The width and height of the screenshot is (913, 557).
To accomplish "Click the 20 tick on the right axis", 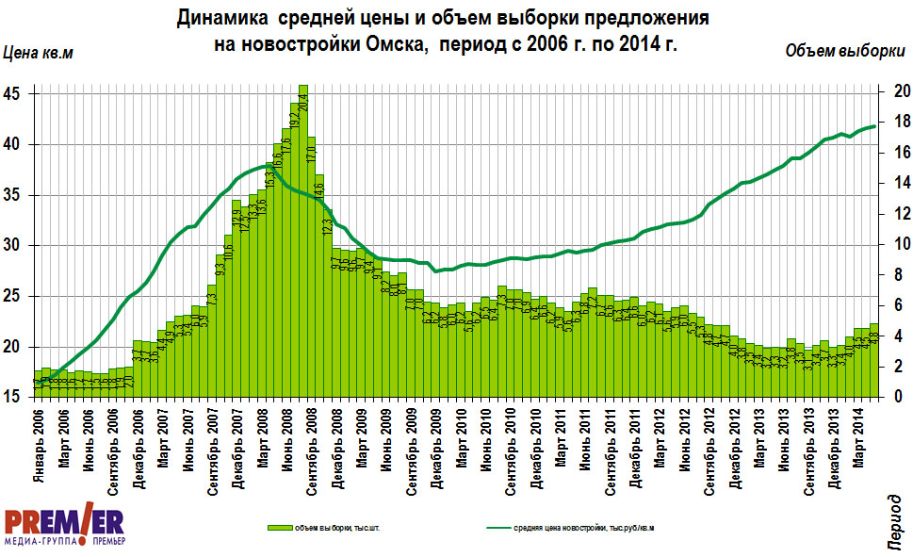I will click(x=902, y=91).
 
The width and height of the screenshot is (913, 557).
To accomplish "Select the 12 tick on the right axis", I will click(x=902, y=214).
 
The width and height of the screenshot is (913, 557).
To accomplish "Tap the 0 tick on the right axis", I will click(x=902, y=398).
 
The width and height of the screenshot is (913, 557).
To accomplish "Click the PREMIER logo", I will click(x=64, y=525).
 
